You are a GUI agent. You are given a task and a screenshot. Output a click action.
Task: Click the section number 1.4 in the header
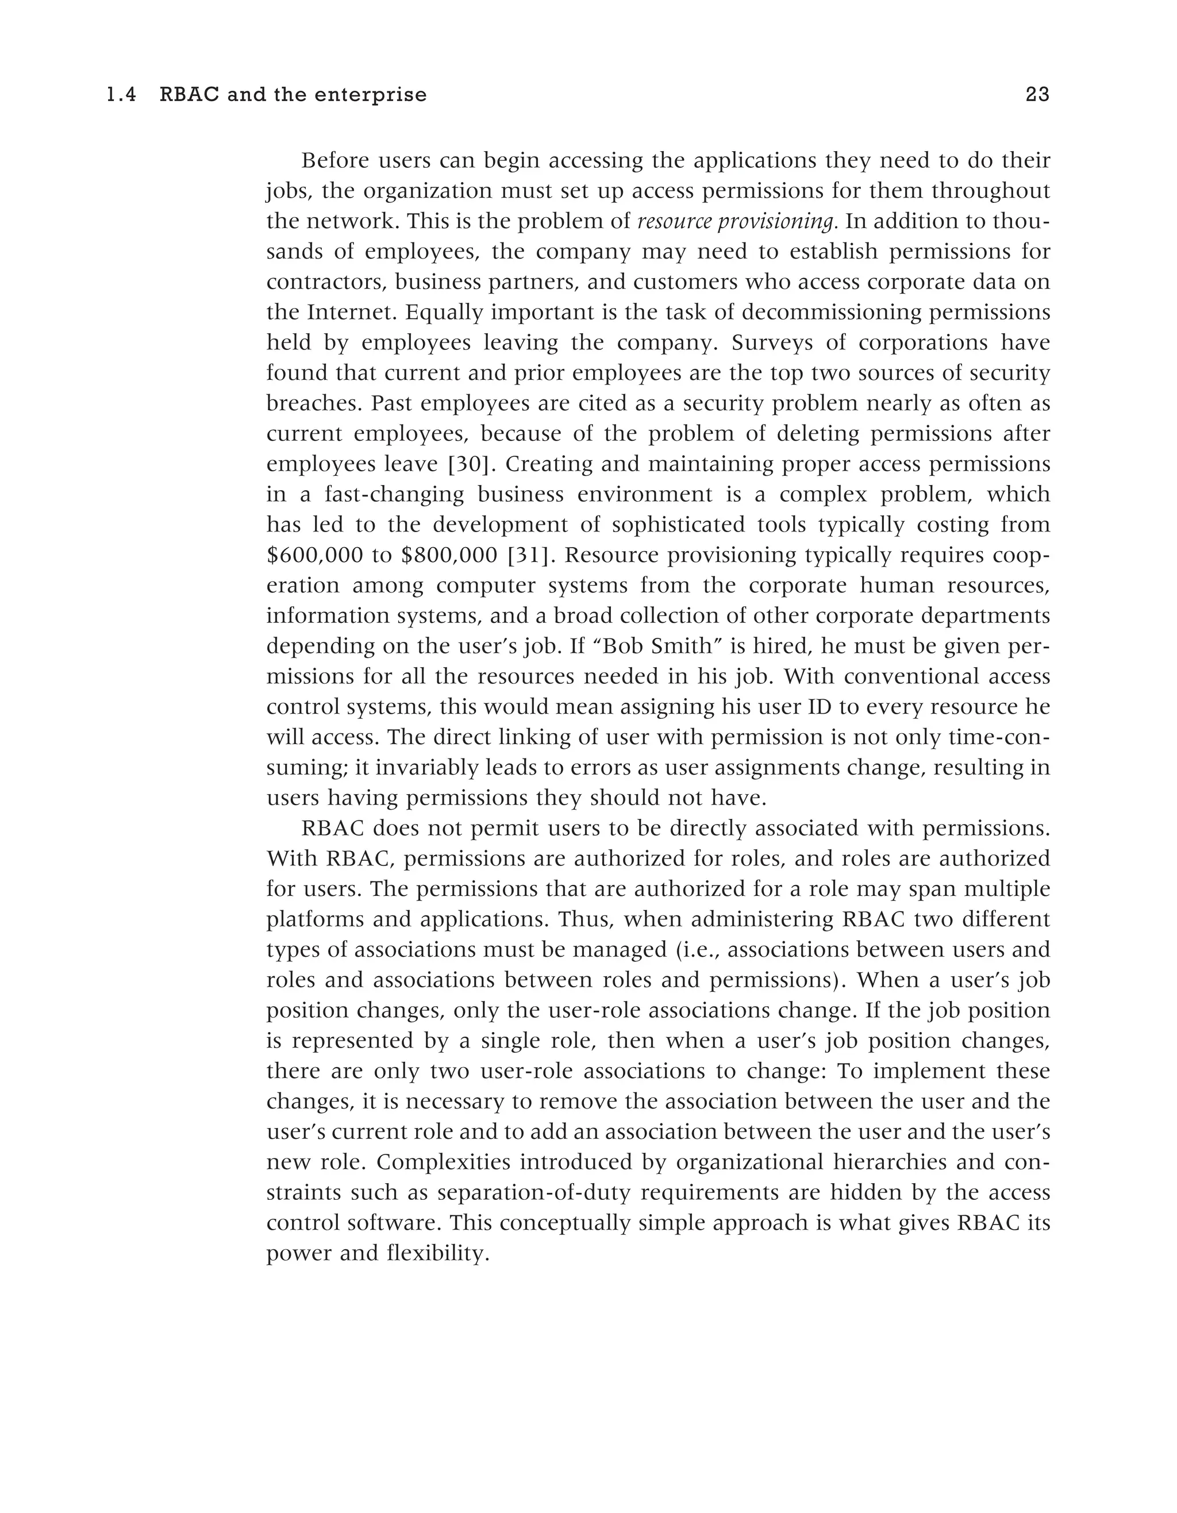coord(121,95)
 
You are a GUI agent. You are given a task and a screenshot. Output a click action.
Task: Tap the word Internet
coord(352,313)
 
